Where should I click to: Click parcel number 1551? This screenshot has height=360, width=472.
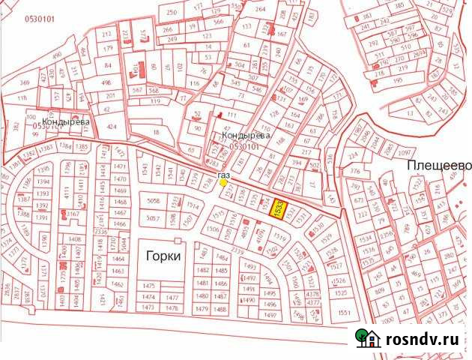coord(344,311)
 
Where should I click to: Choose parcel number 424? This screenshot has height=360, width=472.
coord(112,126)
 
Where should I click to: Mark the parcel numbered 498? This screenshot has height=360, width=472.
coord(106,82)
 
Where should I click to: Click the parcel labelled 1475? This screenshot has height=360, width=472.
coord(148,286)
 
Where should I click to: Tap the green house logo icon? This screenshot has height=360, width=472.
coord(367,338)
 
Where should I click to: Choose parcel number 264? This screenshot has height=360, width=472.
coord(260,9)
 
